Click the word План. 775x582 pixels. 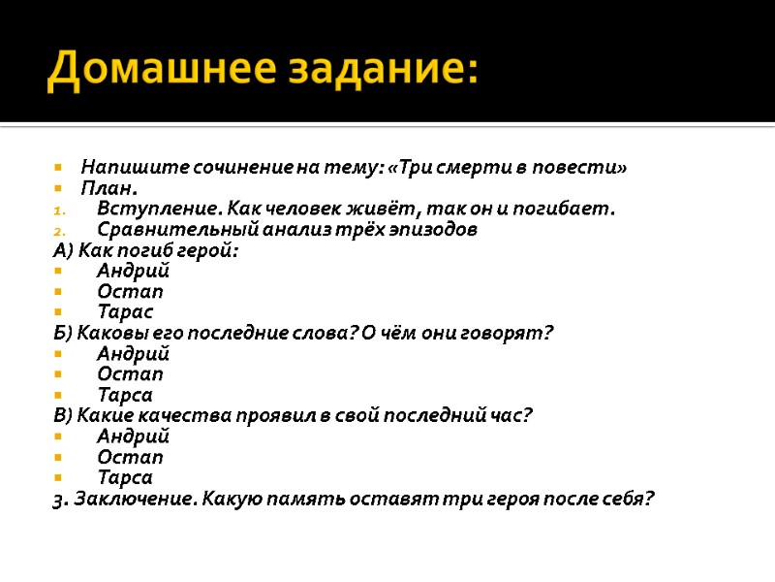(109, 188)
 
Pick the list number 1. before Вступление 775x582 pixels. (59, 210)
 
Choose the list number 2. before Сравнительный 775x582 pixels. (59, 230)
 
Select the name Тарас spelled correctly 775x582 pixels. (125, 312)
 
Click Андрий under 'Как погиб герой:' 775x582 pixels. (133, 271)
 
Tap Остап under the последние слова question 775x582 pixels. (130, 374)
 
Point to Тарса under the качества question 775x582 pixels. (125, 477)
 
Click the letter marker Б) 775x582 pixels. (63, 333)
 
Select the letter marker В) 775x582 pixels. (63, 415)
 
